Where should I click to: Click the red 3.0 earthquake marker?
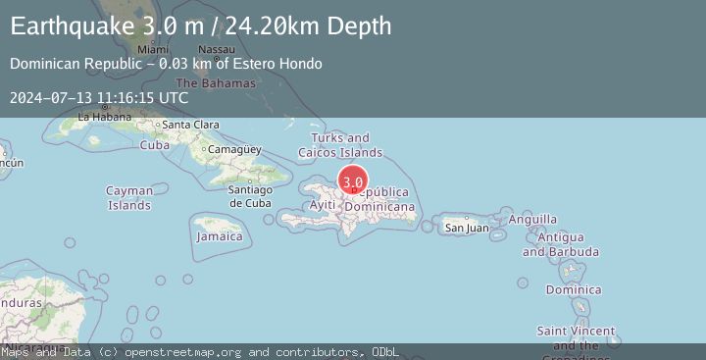[x=353, y=181]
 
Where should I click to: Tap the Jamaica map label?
[x=220, y=236]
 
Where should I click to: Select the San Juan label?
[x=467, y=228]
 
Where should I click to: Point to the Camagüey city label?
[x=234, y=150]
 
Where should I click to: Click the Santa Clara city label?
[x=190, y=125]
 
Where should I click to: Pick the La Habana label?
[x=104, y=116]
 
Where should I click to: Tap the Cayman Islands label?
[x=129, y=198]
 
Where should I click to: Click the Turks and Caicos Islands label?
[x=340, y=145]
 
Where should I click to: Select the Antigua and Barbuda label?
[x=553, y=244]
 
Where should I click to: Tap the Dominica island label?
[x=574, y=289]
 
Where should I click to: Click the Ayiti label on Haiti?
[x=323, y=204]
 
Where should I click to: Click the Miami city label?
[x=153, y=49]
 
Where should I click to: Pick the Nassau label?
[x=216, y=49]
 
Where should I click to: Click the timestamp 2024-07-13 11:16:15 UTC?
[x=99, y=97]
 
